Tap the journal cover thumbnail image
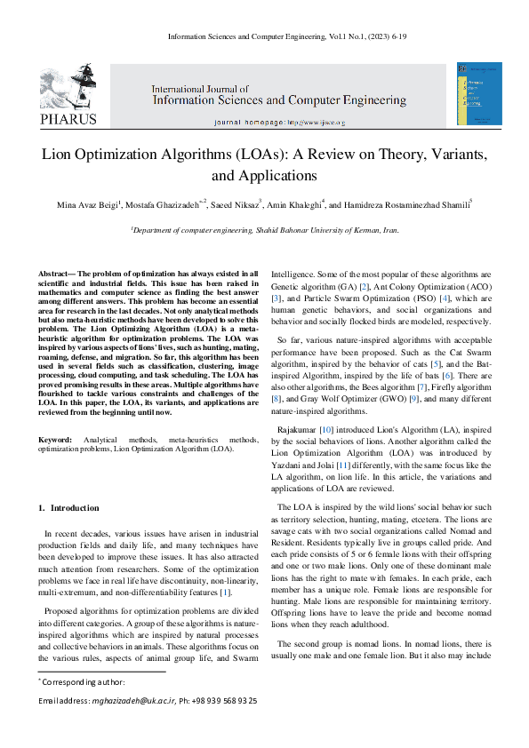click(x=473, y=93)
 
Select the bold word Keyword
click(x=55, y=441)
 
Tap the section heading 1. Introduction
click(x=70, y=507)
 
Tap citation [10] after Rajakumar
click(x=327, y=430)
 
